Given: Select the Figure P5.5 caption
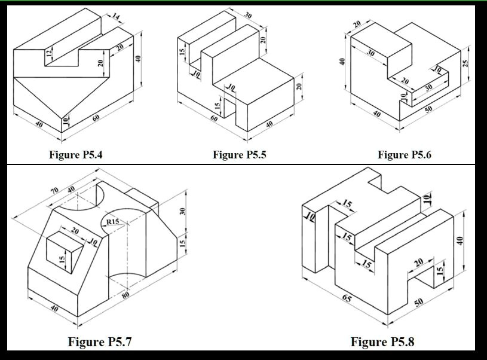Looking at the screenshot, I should click(239, 155).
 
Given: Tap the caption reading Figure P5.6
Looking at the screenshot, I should click(404, 155).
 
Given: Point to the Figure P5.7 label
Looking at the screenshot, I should click(100, 342).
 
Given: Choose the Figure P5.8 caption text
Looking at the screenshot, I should click(382, 342).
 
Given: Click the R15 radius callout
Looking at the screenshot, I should click(112, 222).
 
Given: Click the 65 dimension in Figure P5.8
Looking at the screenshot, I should click(347, 297).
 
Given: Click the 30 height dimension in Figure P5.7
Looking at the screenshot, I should click(183, 211).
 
